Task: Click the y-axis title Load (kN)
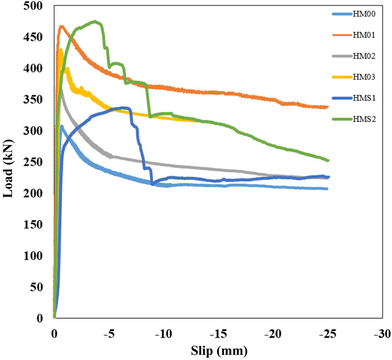8,168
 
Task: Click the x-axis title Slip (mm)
217,350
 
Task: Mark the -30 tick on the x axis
381,333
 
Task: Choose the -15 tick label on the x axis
218,333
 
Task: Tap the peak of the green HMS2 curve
95,21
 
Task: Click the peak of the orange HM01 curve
62,26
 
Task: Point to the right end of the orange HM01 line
328,107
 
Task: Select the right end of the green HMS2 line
328,160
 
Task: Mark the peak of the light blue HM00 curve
62,126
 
